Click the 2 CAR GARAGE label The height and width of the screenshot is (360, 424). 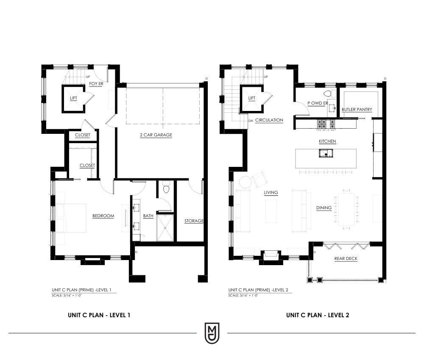click(x=156, y=135)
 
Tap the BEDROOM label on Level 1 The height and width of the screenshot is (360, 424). click(x=103, y=216)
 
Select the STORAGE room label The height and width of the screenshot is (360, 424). click(x=194, y=221)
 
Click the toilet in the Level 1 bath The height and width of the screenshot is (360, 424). click(x=166, y=188)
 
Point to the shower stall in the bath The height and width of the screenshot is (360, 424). click(x=165, y=227)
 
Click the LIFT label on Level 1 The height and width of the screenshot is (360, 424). click(x=73, y=98)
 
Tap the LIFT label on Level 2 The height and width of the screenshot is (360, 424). click(x=252, y=98)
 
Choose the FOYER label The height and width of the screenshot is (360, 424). click(x=96, y=84)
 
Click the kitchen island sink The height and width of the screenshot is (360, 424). click(x=326, y=153)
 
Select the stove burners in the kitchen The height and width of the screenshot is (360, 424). click(x=326, y=124)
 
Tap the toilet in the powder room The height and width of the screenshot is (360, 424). click(x=328, y=94)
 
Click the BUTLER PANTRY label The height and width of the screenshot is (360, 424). click(x=357, y=109)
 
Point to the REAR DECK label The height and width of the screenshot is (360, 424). click(x=346, y=258)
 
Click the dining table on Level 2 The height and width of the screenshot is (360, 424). click(x=346, y=209)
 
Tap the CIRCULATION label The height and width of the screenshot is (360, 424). click(x=269, y=120)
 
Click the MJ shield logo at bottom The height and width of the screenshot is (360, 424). click(x=212, y=333)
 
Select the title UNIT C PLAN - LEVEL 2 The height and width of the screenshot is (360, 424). click(x=318, y=315)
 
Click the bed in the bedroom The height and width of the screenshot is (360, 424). click(x=71, y=218)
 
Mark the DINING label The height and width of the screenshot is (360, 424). click(x=324, y=208)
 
